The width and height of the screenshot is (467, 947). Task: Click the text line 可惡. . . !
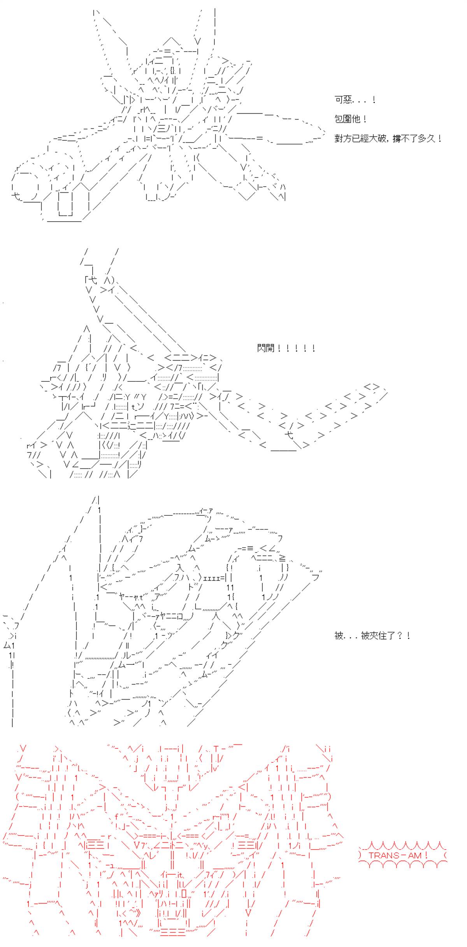click(x=355, y=100)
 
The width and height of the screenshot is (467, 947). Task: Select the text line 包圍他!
click(x=350, y=119)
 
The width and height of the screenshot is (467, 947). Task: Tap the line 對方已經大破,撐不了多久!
click(x=388, y=138)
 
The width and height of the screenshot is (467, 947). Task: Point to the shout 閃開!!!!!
click(x=285, y=348)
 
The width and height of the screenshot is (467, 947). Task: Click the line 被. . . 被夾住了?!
click(x=372, y=636)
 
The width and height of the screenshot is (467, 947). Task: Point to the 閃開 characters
click(x=266, y=348)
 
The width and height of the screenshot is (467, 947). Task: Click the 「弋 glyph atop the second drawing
click(x=91, y=280)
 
